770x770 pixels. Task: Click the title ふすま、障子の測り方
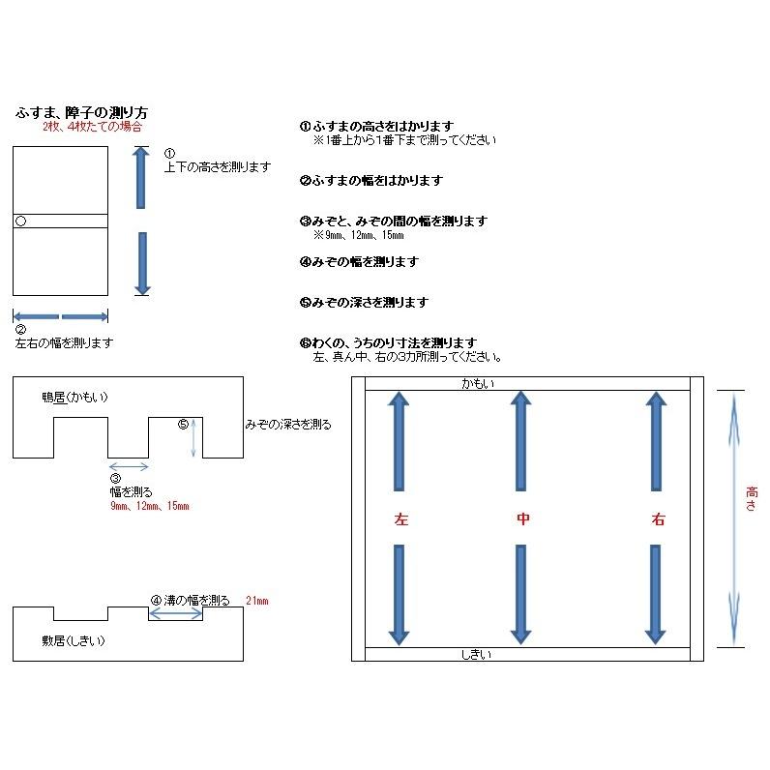pos(81,113)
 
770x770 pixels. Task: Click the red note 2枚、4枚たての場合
pos(93,127)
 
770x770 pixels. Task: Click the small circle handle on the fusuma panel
pos(20,222)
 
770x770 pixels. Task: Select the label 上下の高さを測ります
pos(217,167)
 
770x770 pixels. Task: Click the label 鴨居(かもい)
pos(74,397)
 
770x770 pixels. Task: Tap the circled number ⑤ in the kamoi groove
pos(184,424)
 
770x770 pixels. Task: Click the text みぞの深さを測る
pos(288,425)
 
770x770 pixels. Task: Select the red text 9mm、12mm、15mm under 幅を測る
pos(149,506)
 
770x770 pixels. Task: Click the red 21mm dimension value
pos(256,601)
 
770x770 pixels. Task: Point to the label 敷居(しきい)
pos(73,640)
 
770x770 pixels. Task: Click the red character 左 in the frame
pos(400,519)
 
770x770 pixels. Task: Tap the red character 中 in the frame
pos(522,519)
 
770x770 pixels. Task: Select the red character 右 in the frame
pos(658,519)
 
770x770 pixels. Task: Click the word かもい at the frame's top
pos(476,384)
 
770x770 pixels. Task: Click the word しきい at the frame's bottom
pos(475,655)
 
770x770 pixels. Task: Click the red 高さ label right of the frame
pos(752,497)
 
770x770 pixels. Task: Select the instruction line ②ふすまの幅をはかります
pos(370,181)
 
